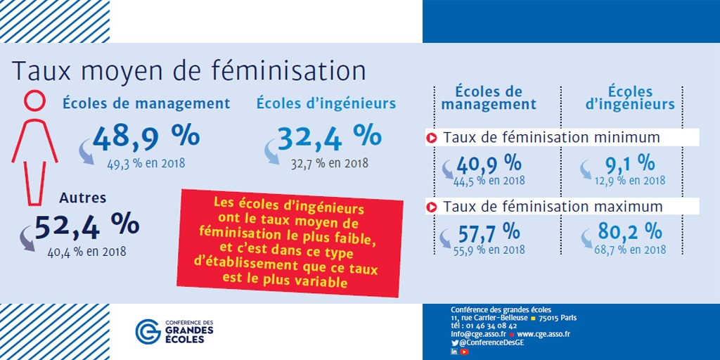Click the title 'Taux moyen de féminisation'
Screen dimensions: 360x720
click(189, 72)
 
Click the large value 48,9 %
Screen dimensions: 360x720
click(146, 137)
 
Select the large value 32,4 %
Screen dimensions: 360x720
click(329, 137)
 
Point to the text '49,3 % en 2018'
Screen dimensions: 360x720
click(146, 164)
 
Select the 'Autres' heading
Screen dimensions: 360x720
click(83, 198)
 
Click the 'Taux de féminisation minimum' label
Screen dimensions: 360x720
click(551, 137)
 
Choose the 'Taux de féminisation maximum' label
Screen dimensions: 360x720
click(553, 207)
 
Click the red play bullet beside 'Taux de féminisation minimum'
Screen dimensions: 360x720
click(432, 137)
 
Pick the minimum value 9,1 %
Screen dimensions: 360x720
click(629, 164)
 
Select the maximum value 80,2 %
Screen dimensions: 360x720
click(629, 231)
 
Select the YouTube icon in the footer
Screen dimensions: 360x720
click(464, 352)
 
